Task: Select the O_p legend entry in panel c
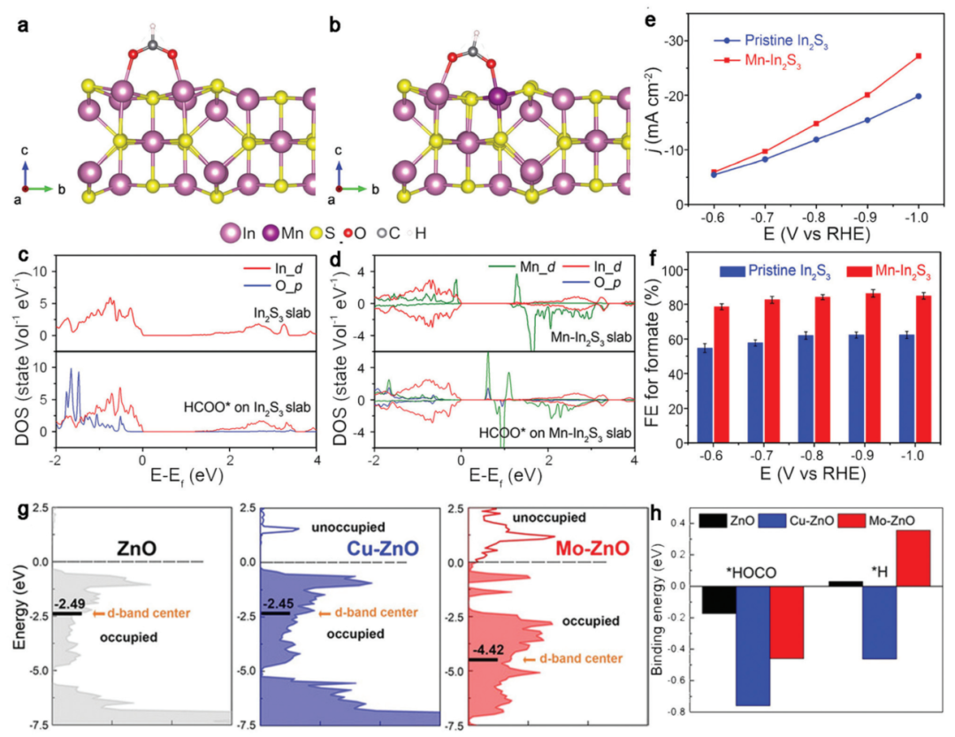[290, 282]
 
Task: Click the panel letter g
[21, 512]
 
